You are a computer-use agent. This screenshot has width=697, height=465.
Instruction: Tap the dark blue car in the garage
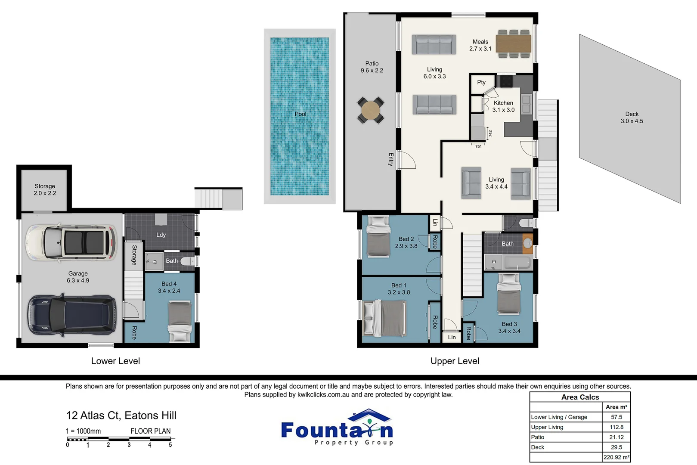72,315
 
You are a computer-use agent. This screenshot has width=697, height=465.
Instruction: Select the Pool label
300,114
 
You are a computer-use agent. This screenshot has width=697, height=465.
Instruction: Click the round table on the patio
371,111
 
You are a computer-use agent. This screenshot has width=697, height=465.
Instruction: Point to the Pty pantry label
481,82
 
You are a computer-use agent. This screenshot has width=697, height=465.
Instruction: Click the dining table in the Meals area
513,43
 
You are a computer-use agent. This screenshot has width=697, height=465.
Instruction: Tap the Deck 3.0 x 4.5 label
632,118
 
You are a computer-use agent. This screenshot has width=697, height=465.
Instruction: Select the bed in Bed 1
384,318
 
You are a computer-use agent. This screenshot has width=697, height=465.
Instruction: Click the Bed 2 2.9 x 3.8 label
406,242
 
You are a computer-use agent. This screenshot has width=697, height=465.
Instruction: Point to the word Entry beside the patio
391,159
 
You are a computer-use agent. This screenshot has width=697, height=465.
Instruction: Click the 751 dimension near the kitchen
478,146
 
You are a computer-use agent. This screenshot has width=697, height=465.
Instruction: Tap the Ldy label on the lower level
161,235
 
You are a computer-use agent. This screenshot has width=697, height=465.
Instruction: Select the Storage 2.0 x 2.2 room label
45,189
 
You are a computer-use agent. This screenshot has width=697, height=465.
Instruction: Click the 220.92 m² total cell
616,457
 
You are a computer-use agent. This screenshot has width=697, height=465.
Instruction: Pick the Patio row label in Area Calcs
538,437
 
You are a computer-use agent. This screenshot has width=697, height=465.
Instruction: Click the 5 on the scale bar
170,445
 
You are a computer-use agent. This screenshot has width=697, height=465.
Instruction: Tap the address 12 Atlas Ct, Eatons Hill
121,415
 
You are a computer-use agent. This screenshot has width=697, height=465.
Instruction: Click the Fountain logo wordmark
337,430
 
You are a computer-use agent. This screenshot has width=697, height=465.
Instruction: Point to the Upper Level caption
455,361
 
